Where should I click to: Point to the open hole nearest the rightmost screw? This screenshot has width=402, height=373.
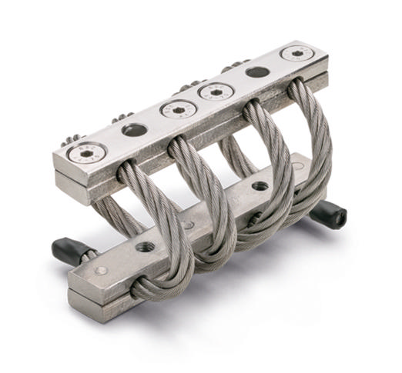click(x=257, y=72)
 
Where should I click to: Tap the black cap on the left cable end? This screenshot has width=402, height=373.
click(x=65, y=248)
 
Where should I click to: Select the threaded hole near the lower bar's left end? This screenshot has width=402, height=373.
click(x=146, y=248)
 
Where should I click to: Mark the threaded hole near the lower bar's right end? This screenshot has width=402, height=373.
click(x=260, y=185)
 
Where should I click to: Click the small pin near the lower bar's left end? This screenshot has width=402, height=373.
click(x=100, y=271)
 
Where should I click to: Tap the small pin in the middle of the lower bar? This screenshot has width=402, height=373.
click(x=189, y=225)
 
